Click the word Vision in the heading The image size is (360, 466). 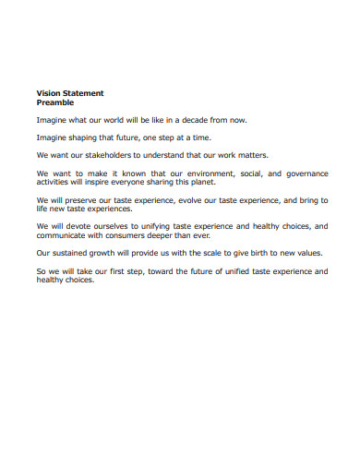click(x=48, y=93)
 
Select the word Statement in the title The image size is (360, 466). click(x=83, y=93)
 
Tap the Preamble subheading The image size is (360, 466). click(x=54, y=102)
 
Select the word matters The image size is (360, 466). click(x=248, y=155)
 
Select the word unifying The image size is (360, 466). click(x=153, y=225)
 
